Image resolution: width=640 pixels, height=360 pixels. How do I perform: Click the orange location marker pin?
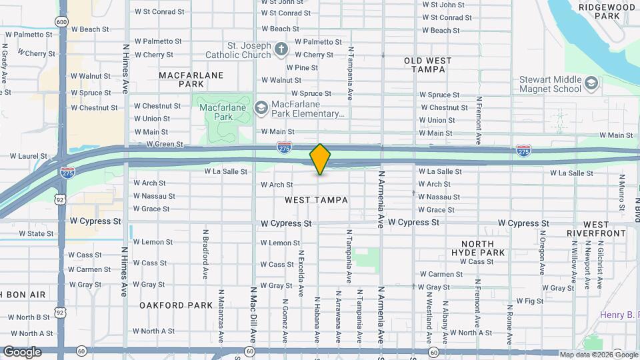[x=320, y=159]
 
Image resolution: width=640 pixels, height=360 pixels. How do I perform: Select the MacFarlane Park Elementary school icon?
[x=262, y=107]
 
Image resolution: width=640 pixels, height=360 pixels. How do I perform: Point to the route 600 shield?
[x=62, y=22]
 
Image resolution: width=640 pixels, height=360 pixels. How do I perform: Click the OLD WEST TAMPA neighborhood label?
[x=427, y=65]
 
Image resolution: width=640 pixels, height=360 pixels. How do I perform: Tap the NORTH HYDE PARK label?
[x=477, y=249]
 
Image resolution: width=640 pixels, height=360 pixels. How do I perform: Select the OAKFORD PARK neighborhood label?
[x=176, y=305]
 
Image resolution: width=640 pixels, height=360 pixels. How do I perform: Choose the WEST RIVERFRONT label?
[x=596, y=229]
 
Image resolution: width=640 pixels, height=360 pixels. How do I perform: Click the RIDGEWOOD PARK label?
[x=597, y=11]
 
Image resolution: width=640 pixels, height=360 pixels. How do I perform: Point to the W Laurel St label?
[x=29, y=157]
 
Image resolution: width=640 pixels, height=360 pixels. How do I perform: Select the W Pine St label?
[x=302, y=67]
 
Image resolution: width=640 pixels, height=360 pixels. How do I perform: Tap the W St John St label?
[x=443, y=5]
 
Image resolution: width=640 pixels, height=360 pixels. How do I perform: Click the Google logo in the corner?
[x=22, y=352]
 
